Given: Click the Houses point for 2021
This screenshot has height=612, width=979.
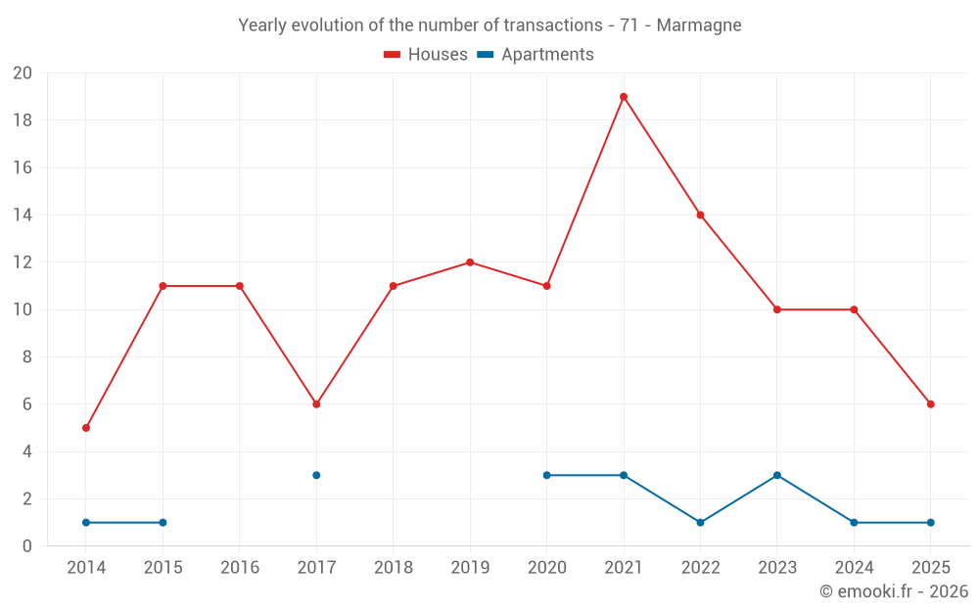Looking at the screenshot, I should click(x=624, y=97).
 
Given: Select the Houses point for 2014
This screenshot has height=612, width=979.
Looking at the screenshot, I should click(x=86, y=428).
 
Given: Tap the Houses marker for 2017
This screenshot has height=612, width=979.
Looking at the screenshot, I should click(x=316, y=404).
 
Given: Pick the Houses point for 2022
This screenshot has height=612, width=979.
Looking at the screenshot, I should click(x=700, y=215).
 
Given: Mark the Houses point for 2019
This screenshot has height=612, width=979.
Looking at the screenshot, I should click(x=470, y=262).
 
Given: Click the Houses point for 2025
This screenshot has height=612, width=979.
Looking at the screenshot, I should click(x=931, y=404).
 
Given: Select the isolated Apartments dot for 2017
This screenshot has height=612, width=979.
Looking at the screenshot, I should click(x=316, y=475).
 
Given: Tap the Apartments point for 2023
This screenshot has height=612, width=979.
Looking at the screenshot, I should click(x=777, y=475).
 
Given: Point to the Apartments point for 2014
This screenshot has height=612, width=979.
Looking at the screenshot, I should click(x=86, y=523).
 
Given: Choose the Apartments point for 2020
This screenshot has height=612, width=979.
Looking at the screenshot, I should click(x=546, y=475).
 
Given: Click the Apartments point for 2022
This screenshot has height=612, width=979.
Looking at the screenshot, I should click(x=700, y=523).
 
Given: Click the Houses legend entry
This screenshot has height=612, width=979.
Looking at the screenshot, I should click(x=426, y=55).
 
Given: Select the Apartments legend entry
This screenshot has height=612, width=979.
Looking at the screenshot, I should click(x=536, y=55).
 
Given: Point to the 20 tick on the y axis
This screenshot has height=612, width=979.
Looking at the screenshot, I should click(x=23, y=73).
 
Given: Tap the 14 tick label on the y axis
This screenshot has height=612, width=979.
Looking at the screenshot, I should click(x=23, y=215).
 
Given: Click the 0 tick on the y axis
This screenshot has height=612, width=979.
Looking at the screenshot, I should click(x=27, y=546).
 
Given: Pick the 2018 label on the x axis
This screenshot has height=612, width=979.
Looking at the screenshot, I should click(x=393, y=568).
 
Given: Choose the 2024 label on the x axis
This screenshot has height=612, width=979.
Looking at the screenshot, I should click(x=854, y=568).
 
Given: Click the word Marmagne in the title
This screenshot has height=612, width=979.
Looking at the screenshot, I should click(x=699, y=24).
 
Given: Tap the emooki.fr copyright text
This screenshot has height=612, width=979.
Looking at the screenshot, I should click(x=894, y=591).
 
